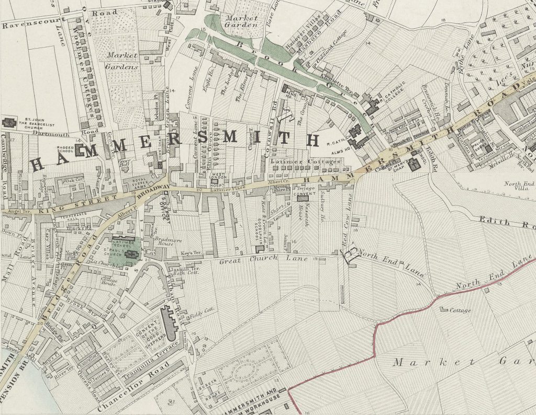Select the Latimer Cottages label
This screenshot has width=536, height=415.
305,161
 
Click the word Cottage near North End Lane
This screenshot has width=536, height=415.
461,310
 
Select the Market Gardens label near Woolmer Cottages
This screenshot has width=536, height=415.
121,61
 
